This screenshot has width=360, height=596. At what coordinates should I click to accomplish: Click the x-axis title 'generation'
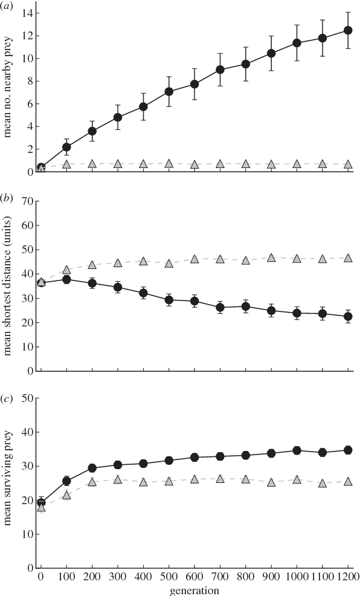pyautogui.click(x=194, y=589)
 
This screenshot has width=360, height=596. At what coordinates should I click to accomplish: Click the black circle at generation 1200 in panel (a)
pyautogui.click(x=349, y=30)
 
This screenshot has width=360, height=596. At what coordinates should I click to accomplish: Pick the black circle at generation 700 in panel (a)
pyautogui.click(x=220, y=70)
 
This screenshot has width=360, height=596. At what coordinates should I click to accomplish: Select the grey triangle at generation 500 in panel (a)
pyautogui.click(x=169, y=164)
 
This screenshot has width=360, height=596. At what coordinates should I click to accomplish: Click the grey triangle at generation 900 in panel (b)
pyautogui.click(x=272, y=258)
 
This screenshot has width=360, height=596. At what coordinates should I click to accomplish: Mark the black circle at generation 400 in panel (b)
pyautogui.click(x=143, y=293)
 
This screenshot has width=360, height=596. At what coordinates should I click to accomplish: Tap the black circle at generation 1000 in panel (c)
pyautogui.click(x=297, y=450)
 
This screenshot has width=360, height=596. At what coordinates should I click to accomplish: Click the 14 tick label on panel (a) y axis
pyautogui.click(x=26, y=13)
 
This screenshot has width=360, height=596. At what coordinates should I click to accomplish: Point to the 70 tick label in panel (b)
pyautogui.click(x=26, y=201)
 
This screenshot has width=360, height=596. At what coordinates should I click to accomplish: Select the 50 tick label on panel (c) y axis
pyautogui.click(x=26, y=398)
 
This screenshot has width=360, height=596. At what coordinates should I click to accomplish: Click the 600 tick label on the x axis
pyautogui.click(x=194, y=577)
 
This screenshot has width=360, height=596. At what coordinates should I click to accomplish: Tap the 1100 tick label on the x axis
pyautogui.click(x=323, y=577)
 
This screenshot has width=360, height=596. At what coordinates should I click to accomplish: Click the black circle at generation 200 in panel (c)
pyautogui.click(x=92, y=468)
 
